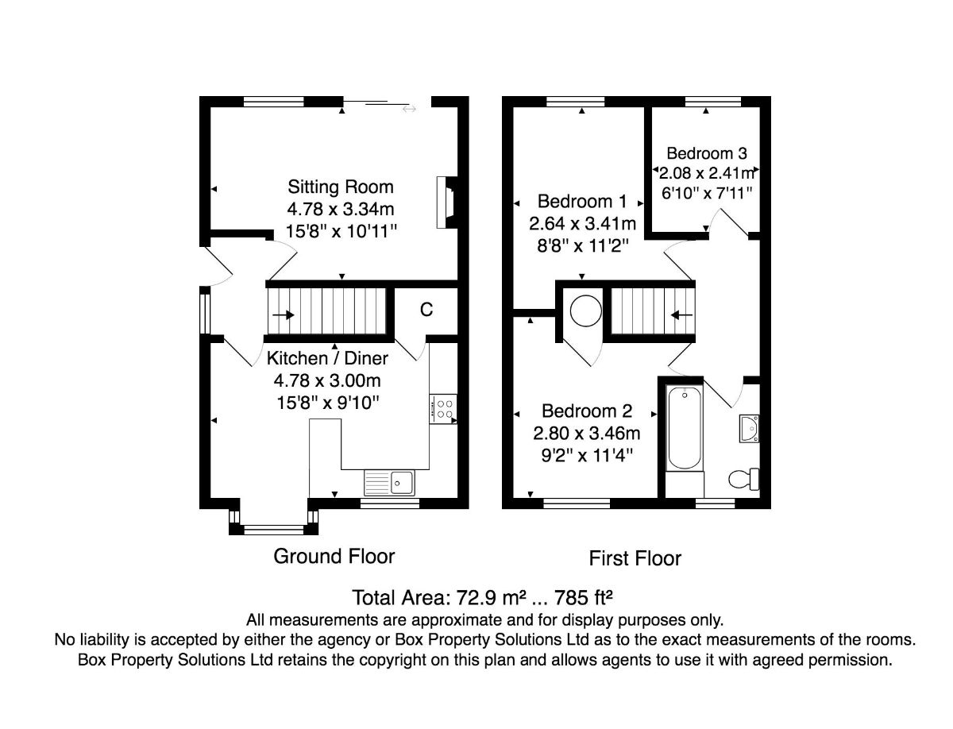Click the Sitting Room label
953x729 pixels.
coord(341,187)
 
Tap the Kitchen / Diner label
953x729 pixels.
coord(327,359)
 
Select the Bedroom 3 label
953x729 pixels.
coord(707,153)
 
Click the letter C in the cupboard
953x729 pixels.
coord(426,310)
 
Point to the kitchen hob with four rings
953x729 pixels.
coord(443,408)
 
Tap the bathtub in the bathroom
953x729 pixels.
coord(685,428)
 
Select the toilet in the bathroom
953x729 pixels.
coord(743,479)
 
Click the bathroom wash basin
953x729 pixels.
coord(750,429)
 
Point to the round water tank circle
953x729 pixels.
coord(585,310)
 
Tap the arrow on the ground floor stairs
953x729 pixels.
coord(284,314)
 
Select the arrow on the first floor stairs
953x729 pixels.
coord(681,314)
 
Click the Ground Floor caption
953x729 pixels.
coord(334,556)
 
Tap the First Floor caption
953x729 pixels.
coord(635,558)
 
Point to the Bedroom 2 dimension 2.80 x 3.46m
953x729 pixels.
coord(587,434)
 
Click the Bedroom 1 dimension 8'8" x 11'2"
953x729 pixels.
coord(583,246)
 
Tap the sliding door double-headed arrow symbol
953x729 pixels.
coord(409,109)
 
